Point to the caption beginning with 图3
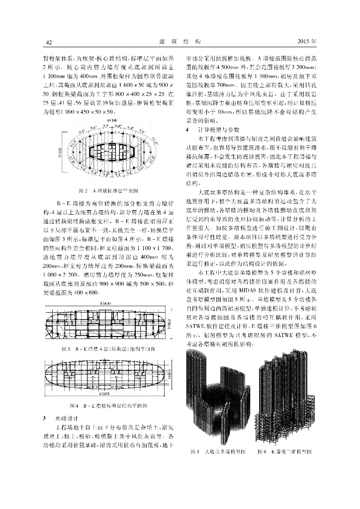tap(110, 348)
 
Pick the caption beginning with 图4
tap(110, 405)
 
